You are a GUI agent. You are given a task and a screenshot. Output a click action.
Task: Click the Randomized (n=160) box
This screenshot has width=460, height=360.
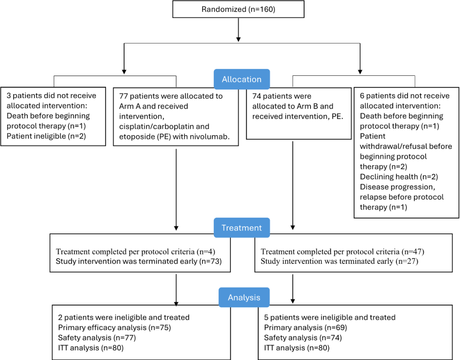[x=238, y=9]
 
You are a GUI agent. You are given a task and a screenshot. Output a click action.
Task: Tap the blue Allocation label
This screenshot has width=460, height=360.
[x=242, y=79]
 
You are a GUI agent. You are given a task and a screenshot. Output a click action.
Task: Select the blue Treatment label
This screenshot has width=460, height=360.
[x=242, y=228]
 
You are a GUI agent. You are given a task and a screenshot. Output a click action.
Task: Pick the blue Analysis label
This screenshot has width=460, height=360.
[x=244, y=297]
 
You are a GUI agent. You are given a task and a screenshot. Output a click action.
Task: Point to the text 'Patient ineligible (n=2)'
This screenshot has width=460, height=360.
[x=46, y=136]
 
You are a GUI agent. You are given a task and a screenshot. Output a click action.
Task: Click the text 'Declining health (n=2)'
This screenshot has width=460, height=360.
[x=399, y=177]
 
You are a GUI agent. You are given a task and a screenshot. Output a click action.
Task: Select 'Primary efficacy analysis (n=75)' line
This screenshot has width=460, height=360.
[x=115, y=328]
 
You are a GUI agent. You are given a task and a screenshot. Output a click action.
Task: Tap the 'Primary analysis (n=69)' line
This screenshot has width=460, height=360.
[x=305, y=328]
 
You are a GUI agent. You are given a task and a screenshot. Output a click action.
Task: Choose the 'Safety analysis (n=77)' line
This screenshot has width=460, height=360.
[x=97, y=338]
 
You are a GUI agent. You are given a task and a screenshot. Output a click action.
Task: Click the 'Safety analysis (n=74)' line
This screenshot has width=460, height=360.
[x=303, y=338]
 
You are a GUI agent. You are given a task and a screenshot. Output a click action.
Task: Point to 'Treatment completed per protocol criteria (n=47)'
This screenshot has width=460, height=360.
[x=342, y=251]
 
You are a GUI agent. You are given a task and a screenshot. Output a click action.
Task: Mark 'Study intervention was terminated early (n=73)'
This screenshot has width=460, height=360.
[x=138, y=261]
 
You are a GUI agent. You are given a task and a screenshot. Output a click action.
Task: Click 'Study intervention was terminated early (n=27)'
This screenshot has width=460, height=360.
[x=339, y=261]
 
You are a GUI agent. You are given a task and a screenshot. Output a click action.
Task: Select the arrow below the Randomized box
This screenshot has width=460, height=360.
[x=238, y=30]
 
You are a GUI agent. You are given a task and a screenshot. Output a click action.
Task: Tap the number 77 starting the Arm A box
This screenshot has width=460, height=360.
[x=123, y=96]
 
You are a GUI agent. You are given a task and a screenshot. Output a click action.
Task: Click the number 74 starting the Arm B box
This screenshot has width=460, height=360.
[x=256, y=96]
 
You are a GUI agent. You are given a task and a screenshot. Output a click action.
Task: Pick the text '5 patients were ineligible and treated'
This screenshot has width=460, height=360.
[x=330, y=317]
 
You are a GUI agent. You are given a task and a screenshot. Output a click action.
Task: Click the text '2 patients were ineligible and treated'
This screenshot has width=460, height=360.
[x=124, y=317]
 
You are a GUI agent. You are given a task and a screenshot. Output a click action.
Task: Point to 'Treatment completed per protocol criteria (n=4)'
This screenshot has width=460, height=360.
[x=135, y=251]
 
